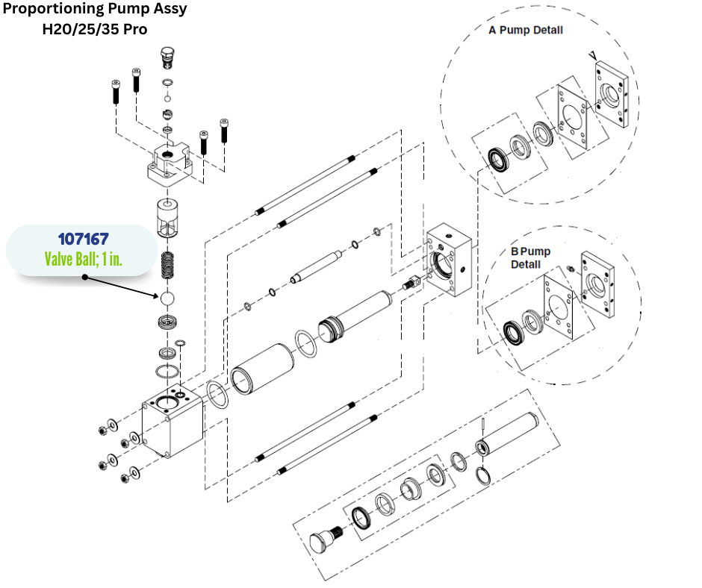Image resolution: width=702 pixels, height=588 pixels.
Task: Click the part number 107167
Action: [83, 240]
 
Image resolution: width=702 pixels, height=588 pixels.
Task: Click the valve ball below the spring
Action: [167, 298]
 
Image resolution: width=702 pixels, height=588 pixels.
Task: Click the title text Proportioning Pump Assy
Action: [95, 10]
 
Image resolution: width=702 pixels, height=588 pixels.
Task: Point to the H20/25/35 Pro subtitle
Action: [95, 30]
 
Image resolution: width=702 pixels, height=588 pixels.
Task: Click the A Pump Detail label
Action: [526, 31]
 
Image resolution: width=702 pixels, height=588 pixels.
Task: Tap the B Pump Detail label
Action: [530, 257]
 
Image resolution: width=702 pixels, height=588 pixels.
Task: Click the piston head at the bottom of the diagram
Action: [323, 542]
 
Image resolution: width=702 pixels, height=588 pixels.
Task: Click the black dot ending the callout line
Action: [84, 277]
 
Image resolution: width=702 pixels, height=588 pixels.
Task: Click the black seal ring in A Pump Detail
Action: [496, 158]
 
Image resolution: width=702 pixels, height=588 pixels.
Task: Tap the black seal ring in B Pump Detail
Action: [513, 330]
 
